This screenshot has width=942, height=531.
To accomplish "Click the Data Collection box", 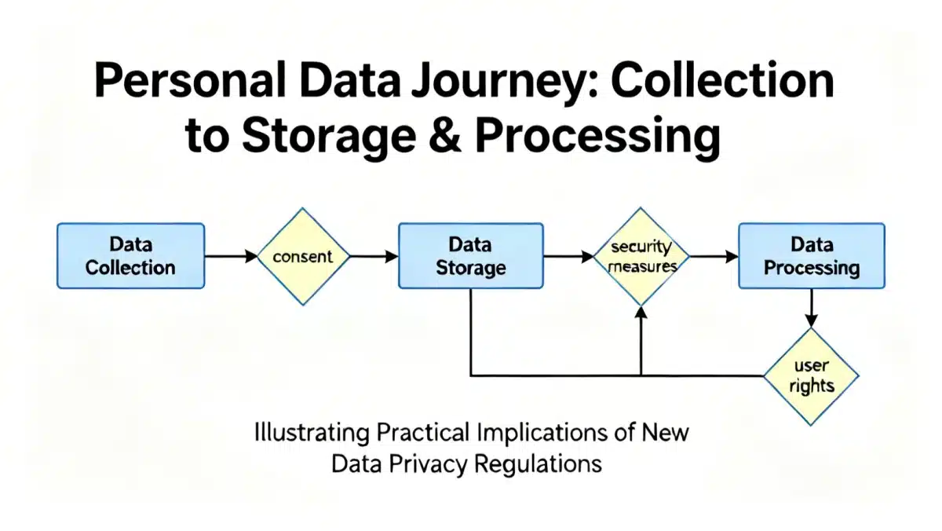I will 131,256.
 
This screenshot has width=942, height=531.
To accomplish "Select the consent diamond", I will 304,256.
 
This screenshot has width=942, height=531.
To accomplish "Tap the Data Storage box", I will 470,256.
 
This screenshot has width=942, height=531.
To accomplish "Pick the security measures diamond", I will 641,256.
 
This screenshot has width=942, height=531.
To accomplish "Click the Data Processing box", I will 812,256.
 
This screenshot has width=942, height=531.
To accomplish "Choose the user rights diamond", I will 812,376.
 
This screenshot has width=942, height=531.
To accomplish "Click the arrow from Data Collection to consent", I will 232,256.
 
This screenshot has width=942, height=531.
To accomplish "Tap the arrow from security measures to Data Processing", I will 713,256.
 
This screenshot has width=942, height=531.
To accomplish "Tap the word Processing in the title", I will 597,136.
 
